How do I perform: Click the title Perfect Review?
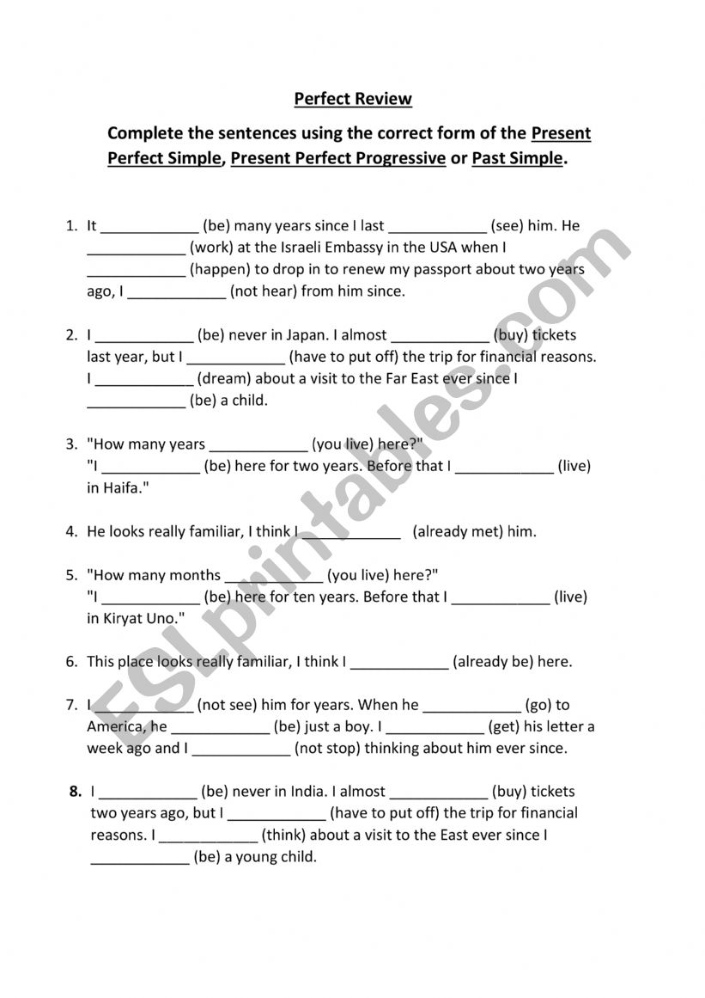click(x=353, y=99)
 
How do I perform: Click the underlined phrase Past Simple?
click(x=518, y=158)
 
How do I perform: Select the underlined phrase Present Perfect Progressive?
click(x=338, y=158)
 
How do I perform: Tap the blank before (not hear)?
click(x=176, y=292)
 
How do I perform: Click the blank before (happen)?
click(x=137, y=270)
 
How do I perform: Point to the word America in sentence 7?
click(x=115, y=727)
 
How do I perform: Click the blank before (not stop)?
click(x=241, y=749)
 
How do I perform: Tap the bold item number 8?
click(x=76, y=792)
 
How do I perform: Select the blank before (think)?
click(x=209, y=836)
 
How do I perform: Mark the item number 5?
click(x=71, y=575)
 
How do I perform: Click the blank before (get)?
click(x=435, y=727)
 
